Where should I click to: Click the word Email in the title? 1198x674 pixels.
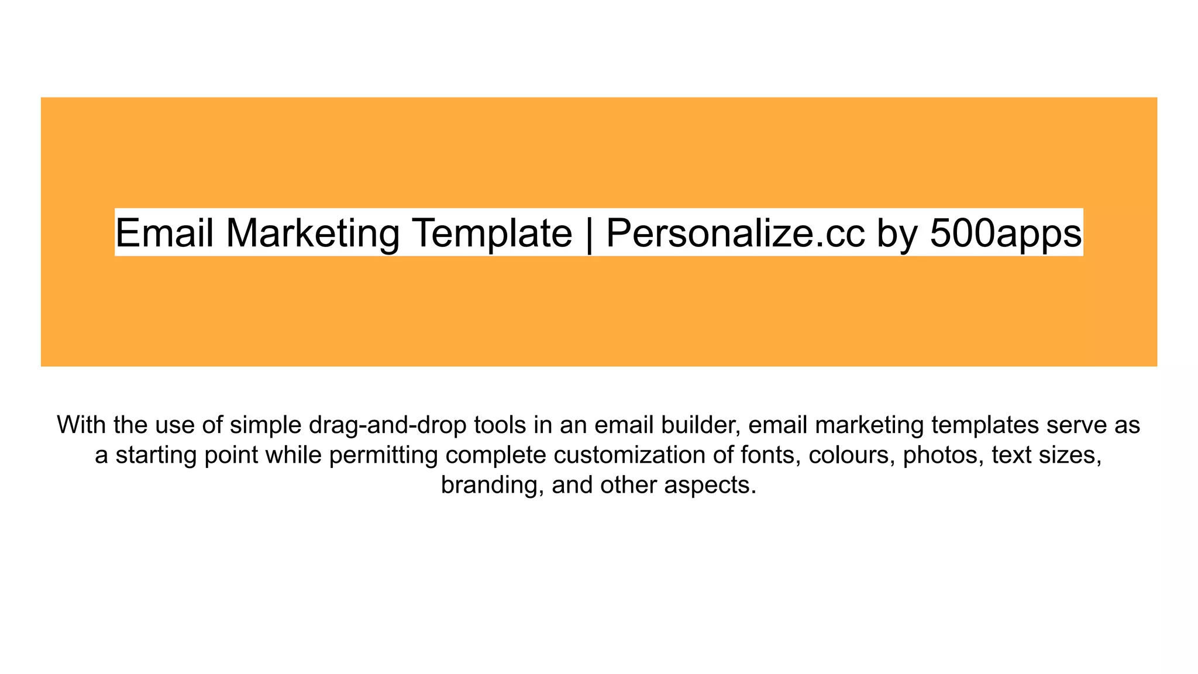164,233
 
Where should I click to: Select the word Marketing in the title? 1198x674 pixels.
312,233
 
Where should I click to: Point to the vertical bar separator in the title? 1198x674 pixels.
589,233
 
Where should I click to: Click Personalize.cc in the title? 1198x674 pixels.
735,233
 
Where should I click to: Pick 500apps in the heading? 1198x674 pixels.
1006,233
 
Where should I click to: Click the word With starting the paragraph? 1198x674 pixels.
81,425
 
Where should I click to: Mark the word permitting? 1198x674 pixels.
384,455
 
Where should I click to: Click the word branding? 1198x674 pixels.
493,485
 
